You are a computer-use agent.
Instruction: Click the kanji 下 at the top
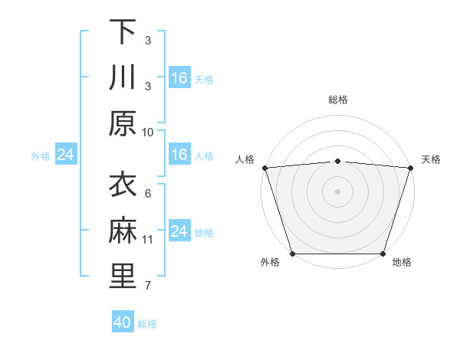[x=123, y=32]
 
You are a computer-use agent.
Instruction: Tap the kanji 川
[x=123, y=78]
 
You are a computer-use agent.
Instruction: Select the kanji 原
[x=123, y=123]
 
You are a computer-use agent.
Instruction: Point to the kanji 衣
[x=123, y=185]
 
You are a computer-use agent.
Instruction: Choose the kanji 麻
[x=123, y=231]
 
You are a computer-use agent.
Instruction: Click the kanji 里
[x=123, y=277]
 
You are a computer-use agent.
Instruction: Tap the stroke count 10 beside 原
[x=148, y=132]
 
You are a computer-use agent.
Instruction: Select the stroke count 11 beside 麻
[x=148, y=240]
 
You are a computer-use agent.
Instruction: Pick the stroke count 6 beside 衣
[x=148, y=193]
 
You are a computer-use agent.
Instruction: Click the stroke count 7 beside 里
[x=148, y=286]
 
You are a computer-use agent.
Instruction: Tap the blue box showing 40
[x=123, y=322]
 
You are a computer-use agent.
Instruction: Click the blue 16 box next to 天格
[x=179, y=78]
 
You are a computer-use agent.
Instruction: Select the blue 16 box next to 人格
[x=179, y=155]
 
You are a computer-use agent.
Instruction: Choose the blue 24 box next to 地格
[x=179, y=231]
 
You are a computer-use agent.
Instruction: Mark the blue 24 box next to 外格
[x=65, y=155]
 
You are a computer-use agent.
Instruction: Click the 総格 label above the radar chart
[x=337, y=100]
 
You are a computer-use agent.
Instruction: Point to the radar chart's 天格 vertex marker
[x=410, y=168]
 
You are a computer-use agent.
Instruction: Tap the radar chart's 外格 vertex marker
[x=293, y=254]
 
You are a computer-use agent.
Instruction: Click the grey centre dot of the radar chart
[x=337, y=191]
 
